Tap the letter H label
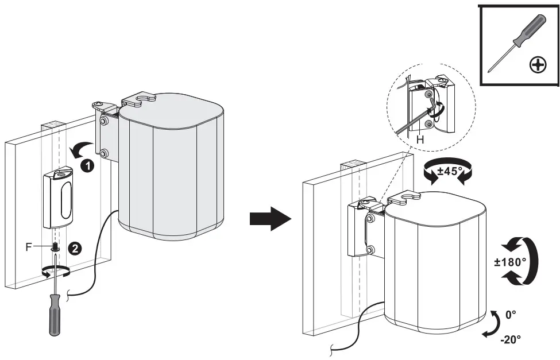420,140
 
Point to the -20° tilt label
510,339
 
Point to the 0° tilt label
511,315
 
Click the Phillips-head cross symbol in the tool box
538,65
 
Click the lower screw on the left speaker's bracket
104,154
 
